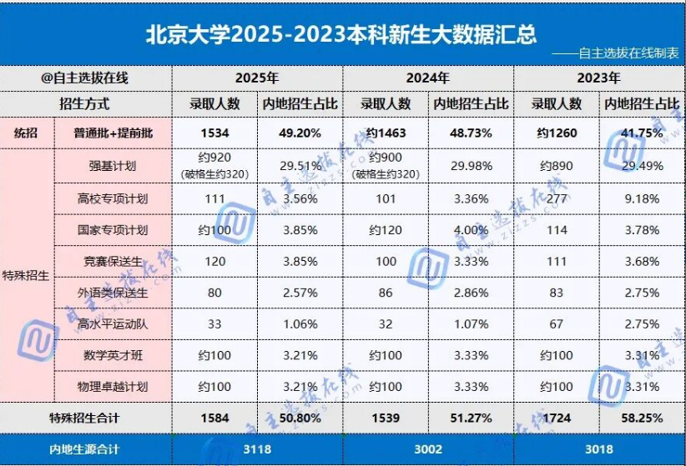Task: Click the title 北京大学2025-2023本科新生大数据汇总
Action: pos(341,34)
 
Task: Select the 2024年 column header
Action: pos(427,78)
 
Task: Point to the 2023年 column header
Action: pos(598,78)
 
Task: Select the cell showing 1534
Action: pos(214,133)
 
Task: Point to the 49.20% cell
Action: pos(300,133)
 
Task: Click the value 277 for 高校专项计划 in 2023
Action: pos(556,198)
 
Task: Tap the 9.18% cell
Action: pos(642,198)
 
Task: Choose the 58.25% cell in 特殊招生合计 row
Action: pos(642,418)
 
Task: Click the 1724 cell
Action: pos(556,418)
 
